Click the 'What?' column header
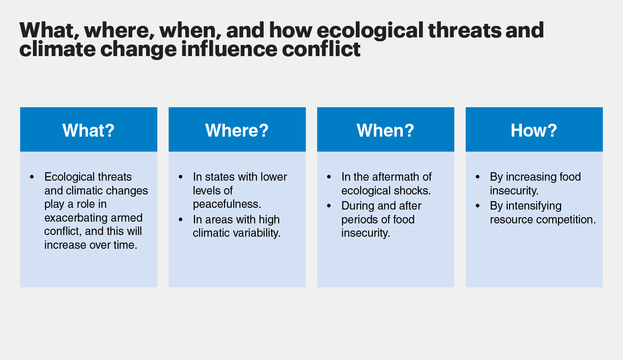pyautogui.click(x=89, y=130)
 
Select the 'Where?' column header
pyautogui.click(x=237, y=130)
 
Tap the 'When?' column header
pyautogui.click(x=386, y=130)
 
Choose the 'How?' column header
pyautogui.click(x=534, y=130)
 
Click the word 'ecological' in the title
pyautogui.click(x=370, y=31)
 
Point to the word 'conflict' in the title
pyautogui.click(x=321, y=49)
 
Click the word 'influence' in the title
pyautogui.click(x=229, y=49)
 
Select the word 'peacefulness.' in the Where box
pyautogui.click(x=227, y=204)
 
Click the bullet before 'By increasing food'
pyautogui.click(x=478, y=177)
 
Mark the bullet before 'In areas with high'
pyautogui.click(x=181, y=220)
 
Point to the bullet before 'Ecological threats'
pyautogui.click(x=32, y=177)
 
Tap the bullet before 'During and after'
pyautogui.click(x=329, y=206)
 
